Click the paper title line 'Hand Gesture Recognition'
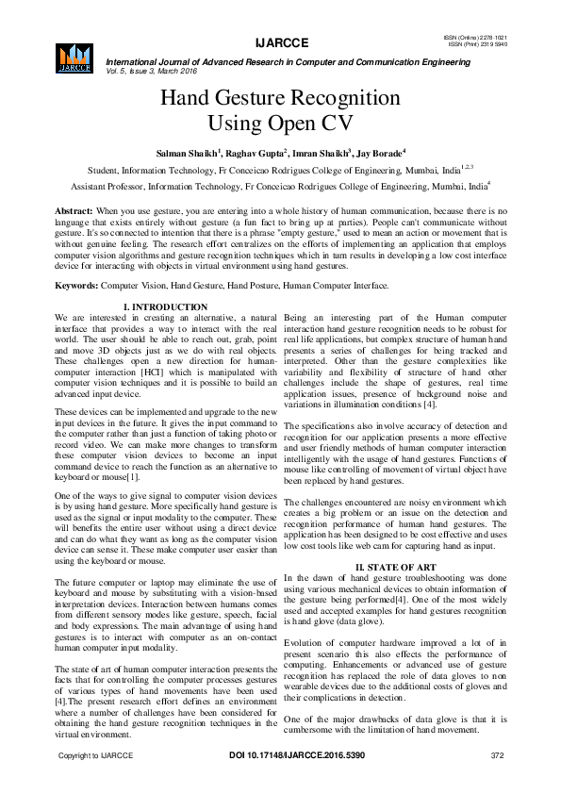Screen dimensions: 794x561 coord(280,98)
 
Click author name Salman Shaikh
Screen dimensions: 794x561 coord(188,153)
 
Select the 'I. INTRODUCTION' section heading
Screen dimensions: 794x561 coord(166,307)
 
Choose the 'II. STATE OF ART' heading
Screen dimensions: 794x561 coord(393,566)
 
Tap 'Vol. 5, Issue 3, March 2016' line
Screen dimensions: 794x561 coord(156,70)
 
